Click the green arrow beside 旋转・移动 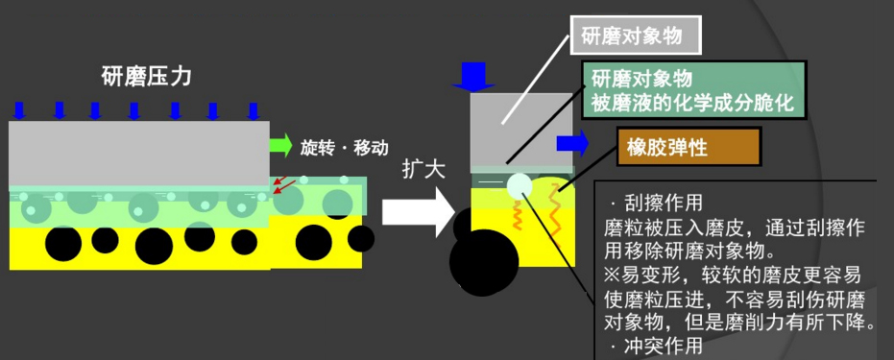(x=279, y=147)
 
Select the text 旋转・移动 (x=345, y=148)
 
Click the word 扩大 (x=423, y=169)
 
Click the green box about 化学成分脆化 (x=692, y=89)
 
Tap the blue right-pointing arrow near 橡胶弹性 (x=572, y=144)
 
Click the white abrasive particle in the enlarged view (x=519, y=185)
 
